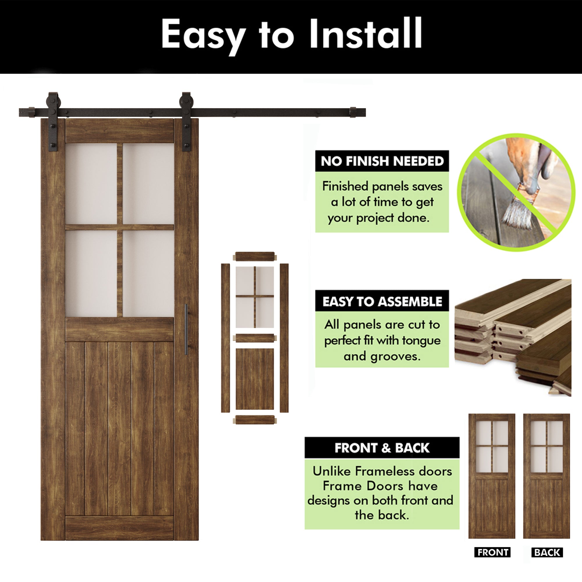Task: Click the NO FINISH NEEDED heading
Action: (382, 161)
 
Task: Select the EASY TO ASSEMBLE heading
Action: (382, 301)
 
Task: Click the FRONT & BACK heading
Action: (382, 448)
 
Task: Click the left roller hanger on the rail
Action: (53, 122)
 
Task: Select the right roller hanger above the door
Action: (186, 122)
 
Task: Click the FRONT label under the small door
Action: (492, 552)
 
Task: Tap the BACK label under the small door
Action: (547, 552)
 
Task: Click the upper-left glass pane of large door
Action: (91, 184)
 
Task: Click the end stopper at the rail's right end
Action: (353, 112)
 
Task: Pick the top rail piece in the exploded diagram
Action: (255, 257)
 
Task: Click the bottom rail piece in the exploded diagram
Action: (255, 420)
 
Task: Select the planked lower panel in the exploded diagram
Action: (255, 379)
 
